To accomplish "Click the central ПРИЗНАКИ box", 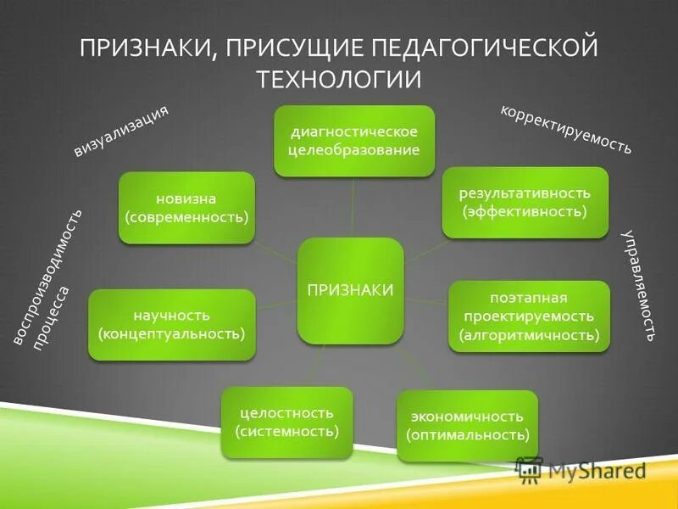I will click(x=350, y=290).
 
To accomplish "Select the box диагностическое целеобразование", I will click(x=354, y=141).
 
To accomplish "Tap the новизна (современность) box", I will click(x=186, y=208).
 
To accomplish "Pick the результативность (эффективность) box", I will click(x=525, y=202).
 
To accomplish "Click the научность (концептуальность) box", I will click(x=171, y=324).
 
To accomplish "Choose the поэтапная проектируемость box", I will click(x=529, y=316).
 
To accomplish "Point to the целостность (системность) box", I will click(x=286, y=422).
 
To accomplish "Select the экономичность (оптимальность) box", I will click(x=467, y=426).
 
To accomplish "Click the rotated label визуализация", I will click(x=121, y=131).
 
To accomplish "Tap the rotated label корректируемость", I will click(x=565, y=129).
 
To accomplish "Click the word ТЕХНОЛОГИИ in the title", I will click(x=339, y=79).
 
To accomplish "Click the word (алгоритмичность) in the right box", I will click(x=529, y=335).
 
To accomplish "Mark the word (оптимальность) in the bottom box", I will click(x=467, y=435).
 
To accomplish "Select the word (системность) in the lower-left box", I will click(x=286, y=432).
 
